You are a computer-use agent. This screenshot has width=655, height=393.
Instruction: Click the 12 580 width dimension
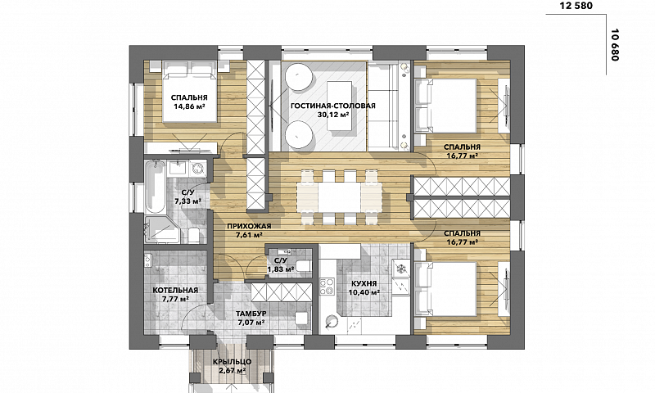[576, 6]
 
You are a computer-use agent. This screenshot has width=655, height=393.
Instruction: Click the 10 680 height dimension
[615, 45]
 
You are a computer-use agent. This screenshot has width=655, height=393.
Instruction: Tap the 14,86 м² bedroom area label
[189, 106]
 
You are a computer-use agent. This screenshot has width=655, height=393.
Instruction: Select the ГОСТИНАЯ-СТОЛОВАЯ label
[333, 106]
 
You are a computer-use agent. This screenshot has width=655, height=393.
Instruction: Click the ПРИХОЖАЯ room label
[249, 226]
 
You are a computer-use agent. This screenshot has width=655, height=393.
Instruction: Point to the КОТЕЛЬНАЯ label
[175, 291]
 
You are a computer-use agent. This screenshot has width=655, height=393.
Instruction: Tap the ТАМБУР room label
[251, 314]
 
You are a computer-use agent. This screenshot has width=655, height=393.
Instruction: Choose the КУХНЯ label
[364, 283]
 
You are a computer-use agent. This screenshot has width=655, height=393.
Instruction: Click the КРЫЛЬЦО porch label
[232, 362]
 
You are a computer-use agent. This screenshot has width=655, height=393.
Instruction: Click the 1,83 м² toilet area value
[281, 269]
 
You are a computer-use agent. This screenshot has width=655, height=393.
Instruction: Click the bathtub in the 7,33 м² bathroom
[155, 186]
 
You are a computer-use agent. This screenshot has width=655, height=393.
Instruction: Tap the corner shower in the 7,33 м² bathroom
[162, 230]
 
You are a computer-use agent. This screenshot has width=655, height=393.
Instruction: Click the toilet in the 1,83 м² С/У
[302, 264]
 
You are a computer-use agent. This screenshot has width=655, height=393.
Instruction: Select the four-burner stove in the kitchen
[327, 286]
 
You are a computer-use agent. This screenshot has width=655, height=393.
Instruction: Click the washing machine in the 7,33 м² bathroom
[197, 168]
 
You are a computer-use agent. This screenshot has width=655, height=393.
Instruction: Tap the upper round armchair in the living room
[299, 76]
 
